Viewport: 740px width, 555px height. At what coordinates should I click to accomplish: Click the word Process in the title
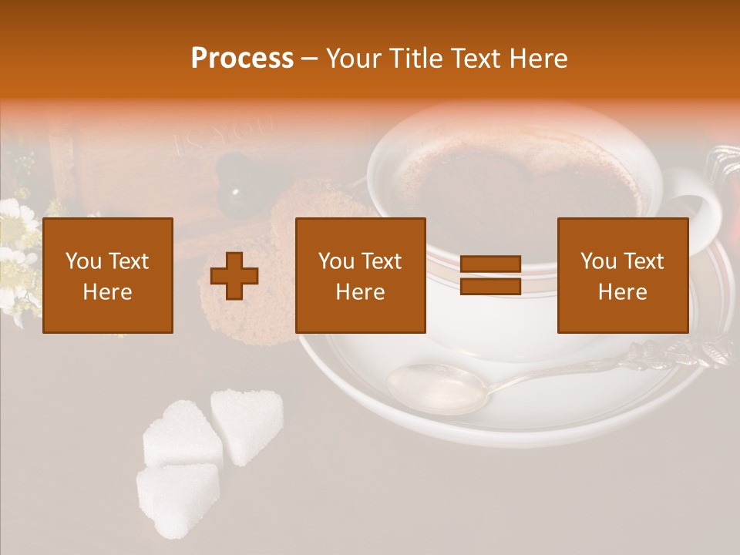click(242, 59)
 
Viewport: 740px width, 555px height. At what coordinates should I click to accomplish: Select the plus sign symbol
click(234, 275)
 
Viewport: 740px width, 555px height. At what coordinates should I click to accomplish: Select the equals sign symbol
click(490, 275)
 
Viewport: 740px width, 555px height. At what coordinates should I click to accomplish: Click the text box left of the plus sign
click(107, 275)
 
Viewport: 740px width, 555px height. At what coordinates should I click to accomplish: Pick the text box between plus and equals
click(360, 275)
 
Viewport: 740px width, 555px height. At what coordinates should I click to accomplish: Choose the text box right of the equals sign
click(622, 275)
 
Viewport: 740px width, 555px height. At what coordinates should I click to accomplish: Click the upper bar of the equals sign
click(490, 264)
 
